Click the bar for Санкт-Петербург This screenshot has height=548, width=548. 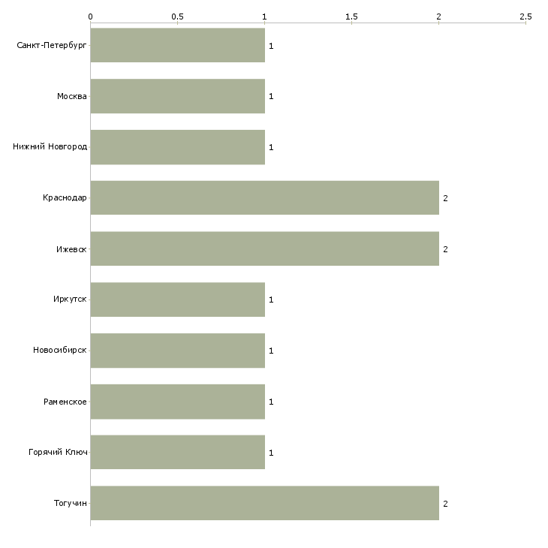pyautogui.click(x=178, y=45)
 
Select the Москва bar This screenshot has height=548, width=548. pyautogui.click(x=178, y=96)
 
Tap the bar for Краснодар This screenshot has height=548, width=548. pyautogui.click(x=264, y=198)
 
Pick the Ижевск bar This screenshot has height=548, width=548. pyautogui.click(x=264, y=248)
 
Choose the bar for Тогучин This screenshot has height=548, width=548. pyautogui.click(x=264, y=503)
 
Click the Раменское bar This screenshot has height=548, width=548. pyautogui.click(x=178, y=402)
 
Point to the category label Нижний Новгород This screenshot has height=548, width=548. pyautogui.click(x=50, y=147)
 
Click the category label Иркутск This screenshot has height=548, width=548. pyautogui.click(x=70, y=300)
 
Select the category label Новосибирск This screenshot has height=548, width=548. pyautogui.click(x=60, y=350)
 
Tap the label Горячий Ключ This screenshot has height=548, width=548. pyautogui.click(x=58, y=452)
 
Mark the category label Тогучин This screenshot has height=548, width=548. pyautogui.click(x=71, y=503)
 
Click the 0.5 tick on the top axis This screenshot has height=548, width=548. pyautogui.click(x=178, y=17)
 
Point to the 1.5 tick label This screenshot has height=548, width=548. pyautogui.click(x=351, y=17)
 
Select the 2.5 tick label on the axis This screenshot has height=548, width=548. pyautogui.click(x=525, y=17)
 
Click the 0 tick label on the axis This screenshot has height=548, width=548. pyautogui.click(x=91, y=17)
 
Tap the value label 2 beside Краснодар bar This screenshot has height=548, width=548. pyautogui.click(x=445, y=198)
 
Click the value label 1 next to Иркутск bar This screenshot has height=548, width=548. pyautogui.click(x=271, y=300)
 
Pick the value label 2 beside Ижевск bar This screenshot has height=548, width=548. pyautogui.click(x=445, y=249)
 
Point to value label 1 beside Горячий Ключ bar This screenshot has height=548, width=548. pyautogui.click(x=271, y=453)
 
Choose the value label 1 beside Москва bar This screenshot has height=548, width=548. pyautogui.click(x=271, y=96)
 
